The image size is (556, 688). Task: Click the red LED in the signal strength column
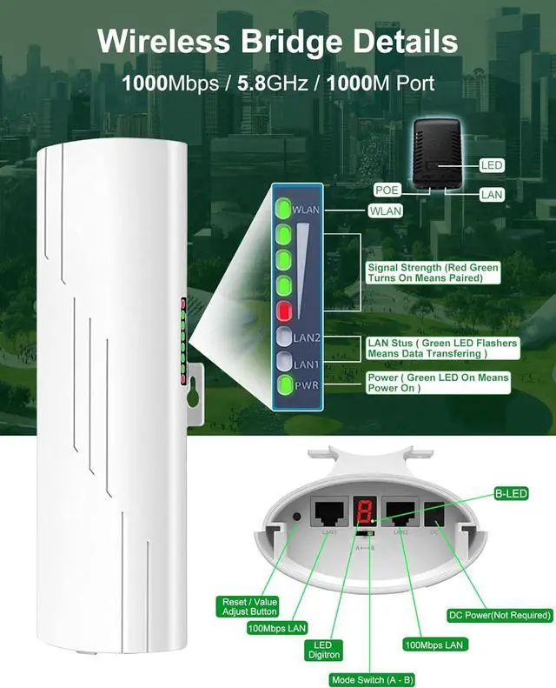click(x=284, y=311)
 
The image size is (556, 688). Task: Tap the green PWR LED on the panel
click(x=284, y=386)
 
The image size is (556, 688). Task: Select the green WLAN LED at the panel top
click(x=284, y=209)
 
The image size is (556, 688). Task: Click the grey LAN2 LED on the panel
click(x=284, y=337)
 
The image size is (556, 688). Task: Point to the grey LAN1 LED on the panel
click(x=284, y=363)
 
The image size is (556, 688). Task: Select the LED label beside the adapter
click(x=491, y=165)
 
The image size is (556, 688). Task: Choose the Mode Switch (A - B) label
click(x=372, y=679)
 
